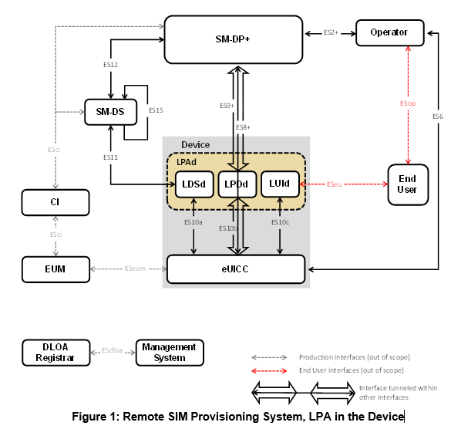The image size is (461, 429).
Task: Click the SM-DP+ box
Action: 234,39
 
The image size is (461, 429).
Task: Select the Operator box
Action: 390,32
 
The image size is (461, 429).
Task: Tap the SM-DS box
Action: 110,112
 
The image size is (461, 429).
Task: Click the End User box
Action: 408,184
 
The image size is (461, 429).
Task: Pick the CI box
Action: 56,202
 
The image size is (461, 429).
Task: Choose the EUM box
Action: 56,269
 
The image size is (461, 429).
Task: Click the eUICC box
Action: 236,269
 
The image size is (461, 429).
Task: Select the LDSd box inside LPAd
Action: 194,184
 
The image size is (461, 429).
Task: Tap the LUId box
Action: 280,184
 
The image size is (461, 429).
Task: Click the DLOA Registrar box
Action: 56,353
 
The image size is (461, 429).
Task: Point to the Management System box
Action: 170,353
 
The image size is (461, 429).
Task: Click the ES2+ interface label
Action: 331,32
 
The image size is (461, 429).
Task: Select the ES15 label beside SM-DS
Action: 156,110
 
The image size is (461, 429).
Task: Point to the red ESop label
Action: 408,103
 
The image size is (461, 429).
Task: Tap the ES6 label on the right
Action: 437,117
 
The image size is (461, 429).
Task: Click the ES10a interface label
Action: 193,222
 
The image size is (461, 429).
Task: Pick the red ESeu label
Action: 335,184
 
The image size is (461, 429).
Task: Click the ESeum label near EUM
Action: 135,269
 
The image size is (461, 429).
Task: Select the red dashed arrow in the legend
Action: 269,370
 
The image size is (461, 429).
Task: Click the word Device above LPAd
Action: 196,145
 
